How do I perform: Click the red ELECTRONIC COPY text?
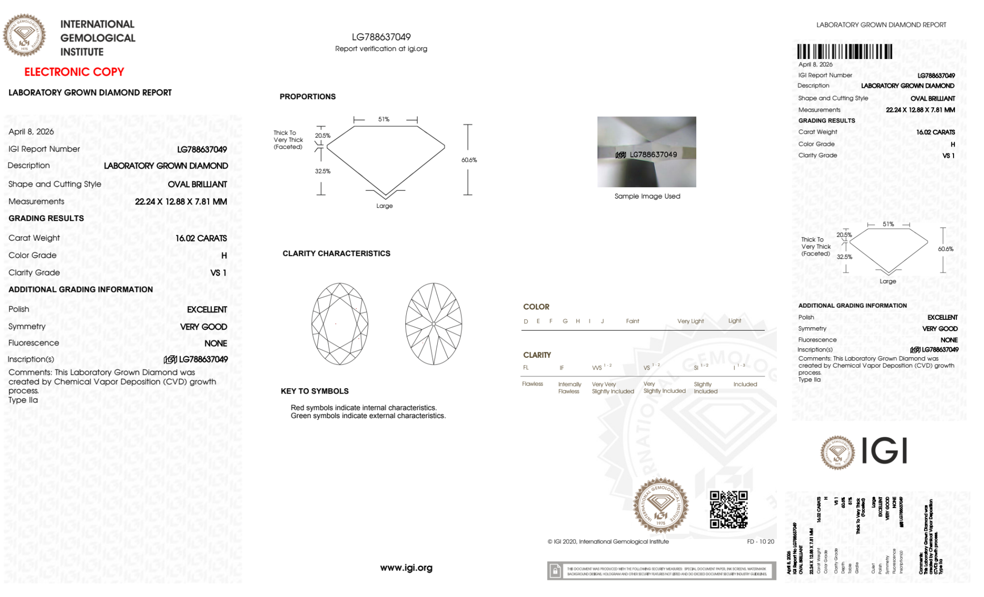coord(74,72)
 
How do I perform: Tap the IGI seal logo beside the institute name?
coord(24,35)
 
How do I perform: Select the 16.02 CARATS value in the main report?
coord(201,238)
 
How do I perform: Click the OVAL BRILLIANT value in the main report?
coord(197,184)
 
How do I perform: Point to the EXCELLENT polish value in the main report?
coord(207,310)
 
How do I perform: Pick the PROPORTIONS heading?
coord(307,97)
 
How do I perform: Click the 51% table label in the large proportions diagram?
coord(384,119)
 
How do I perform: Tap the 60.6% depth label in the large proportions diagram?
coord(469,160)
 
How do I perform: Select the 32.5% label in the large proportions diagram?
coord(323,171)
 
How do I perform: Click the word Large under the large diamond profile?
coord(385,206)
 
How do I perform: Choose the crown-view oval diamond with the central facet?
coord(340,324)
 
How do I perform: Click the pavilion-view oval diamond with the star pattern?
coord(434,324)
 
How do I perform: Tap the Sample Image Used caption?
coord(647,196)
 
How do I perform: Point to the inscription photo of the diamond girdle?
coord(647,152)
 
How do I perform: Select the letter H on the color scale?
coord(578,321)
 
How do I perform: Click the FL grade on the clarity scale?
coord(526,368)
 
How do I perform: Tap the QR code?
coord(728,510)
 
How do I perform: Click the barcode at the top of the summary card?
coord(844,52)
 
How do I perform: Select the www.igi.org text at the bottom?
coord(406,568)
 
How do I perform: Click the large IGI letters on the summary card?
coord(885,451)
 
